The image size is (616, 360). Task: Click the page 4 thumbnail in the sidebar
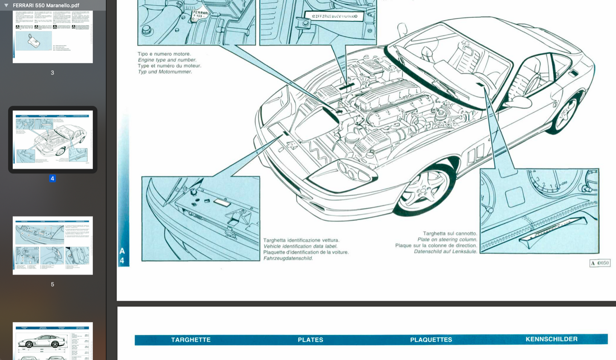[52, 139]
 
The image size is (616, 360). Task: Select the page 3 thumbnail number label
[52, 73]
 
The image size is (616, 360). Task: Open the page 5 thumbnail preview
[52, 245]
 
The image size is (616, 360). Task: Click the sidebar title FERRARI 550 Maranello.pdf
[46, 5]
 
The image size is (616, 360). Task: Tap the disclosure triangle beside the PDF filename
[6, 5]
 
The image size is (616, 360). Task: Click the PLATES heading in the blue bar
[310, 340]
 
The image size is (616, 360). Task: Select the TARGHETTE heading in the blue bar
[191, 340]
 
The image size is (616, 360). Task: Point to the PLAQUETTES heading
[431, 340]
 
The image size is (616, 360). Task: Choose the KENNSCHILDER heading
[551, 339]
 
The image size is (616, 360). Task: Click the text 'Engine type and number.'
[167, 60]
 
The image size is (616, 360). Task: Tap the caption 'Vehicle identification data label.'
[300, 246]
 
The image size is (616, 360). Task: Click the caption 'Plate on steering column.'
[447, 239]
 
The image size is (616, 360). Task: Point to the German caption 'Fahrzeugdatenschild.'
[288, 258]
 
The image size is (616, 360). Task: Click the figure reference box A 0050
[600, 263]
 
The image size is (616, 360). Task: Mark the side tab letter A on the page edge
[122, 251]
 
